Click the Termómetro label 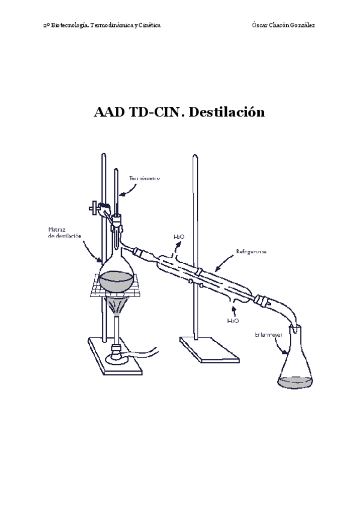point(144,178)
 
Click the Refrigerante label point(251,250)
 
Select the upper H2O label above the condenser point(179,237)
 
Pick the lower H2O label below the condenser point(233,321)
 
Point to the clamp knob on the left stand point(93,209)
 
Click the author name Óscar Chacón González point(285,25)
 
